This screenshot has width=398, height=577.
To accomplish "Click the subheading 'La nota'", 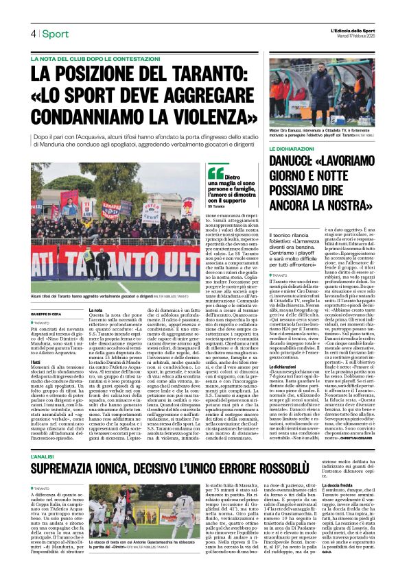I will tap(97, 310).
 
